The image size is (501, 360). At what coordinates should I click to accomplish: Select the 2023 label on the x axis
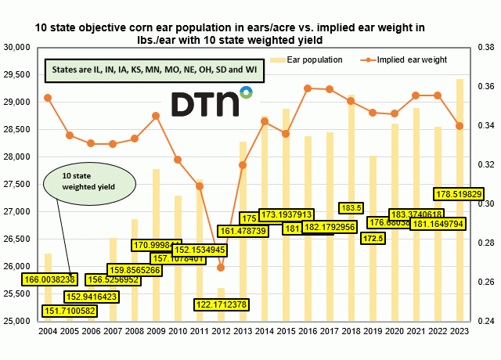(x=459, y=330)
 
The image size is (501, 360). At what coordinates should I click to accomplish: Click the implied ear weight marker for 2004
(x=48, y=98)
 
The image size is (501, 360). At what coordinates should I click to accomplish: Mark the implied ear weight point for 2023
(x=459, y=126)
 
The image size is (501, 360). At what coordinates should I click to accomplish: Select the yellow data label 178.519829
(x=458, y=193)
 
